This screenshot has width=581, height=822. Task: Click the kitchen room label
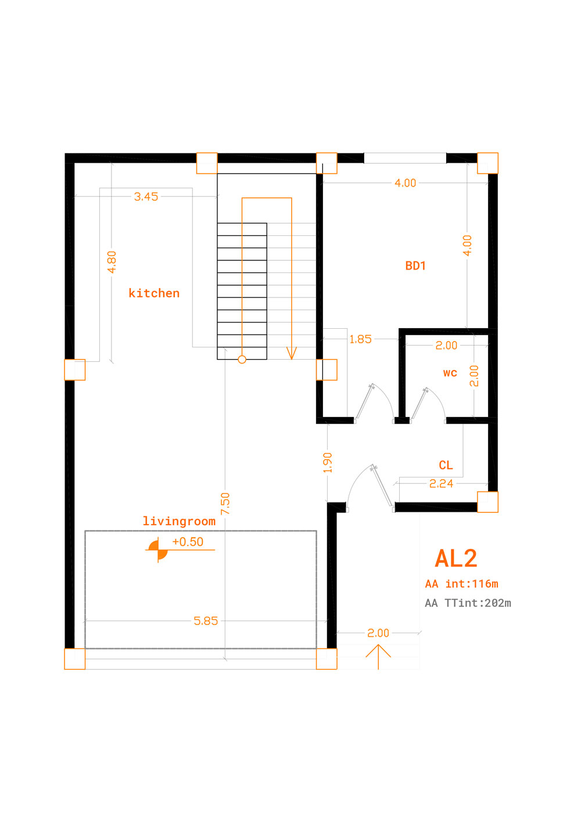click(154, 293)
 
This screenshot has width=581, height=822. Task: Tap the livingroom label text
click(179, 521)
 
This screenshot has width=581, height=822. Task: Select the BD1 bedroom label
click(415, 265)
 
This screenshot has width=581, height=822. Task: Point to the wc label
click(450, 373)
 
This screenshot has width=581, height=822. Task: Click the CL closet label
click(446, 465)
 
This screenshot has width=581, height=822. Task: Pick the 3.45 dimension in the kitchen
click(146, 197)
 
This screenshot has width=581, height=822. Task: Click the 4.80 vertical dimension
click(112, 262)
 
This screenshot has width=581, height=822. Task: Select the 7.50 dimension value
click(225, 504)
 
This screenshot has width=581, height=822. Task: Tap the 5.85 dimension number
click(206, 621)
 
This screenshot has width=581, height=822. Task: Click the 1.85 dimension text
click(360, 339)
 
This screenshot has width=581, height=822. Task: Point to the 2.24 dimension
click(441, 484)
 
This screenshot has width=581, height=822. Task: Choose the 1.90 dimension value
click(327, 463)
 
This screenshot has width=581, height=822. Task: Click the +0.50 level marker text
click(188, 541)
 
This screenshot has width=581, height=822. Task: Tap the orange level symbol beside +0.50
click(158, 550)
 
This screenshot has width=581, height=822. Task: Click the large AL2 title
click(456, 558)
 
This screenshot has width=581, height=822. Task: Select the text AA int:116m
click(461, 584)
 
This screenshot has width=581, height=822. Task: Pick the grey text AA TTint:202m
click(468, 603)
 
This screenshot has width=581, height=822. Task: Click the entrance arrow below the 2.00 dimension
click(378, 657)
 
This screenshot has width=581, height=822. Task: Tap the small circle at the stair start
click(242, 360)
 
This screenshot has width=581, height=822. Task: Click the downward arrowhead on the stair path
click(292, 353)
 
